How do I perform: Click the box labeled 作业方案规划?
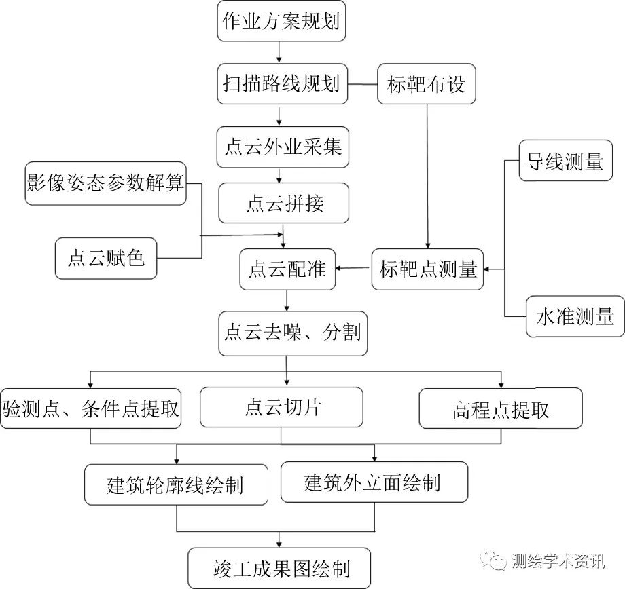[x=281, y=21]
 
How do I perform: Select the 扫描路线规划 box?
[x=283, y=84]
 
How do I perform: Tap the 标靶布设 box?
[x=427, y=84]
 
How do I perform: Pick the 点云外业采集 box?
[x=283, y=147]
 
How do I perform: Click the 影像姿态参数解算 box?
[x=105, y=184]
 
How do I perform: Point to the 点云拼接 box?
[x=284, y=203]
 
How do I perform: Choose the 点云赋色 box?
[x=106, y=259]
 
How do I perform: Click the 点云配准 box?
[x=287, y=269]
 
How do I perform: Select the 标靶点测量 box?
[x=428, y=269]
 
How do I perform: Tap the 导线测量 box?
[x=566, y=161]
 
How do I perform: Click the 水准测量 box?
[x=575, y=317]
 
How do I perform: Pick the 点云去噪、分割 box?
[x=293, y=334]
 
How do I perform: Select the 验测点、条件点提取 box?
[x=91, y=408]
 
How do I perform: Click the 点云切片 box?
[x=281, y=407]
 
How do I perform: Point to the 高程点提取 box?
[x=501, y=408]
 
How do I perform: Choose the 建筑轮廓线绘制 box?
[x=176, y=484]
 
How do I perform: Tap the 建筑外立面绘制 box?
[x=374, y=482]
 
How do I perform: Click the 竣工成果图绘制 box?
[x=279, y=568]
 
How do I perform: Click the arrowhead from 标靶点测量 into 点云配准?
[x=338, y=269]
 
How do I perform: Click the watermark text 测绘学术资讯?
[x=558, y=561]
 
